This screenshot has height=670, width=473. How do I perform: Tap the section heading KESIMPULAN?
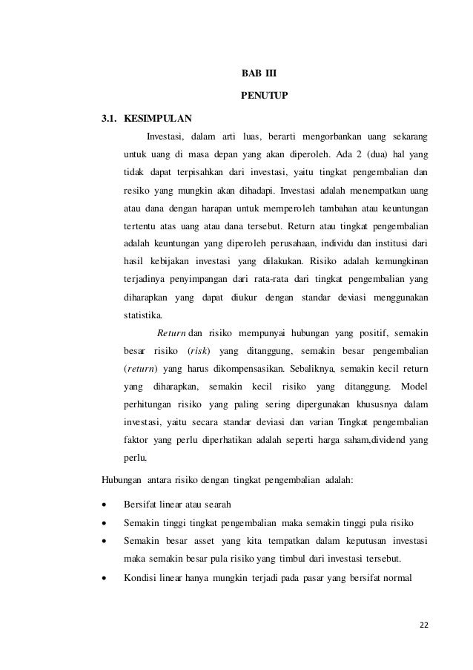click(x=156, y=118)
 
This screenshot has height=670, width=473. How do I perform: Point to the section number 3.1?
click(x=110, y=118)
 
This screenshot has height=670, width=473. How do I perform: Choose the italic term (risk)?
click(x=196, y=349)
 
